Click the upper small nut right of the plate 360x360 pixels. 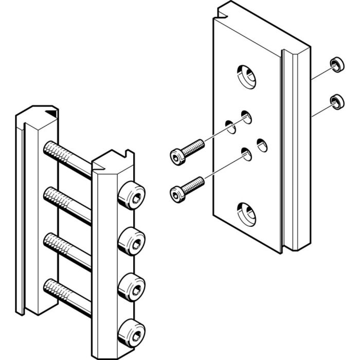pyautogui.click(x=337, y=64)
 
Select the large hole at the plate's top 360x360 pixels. pyautogui.click(x=247, y=76)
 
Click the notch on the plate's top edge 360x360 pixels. pyautogui.click(x=222, y=9)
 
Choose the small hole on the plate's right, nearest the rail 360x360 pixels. pyautogui.click(x=262, y=145)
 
